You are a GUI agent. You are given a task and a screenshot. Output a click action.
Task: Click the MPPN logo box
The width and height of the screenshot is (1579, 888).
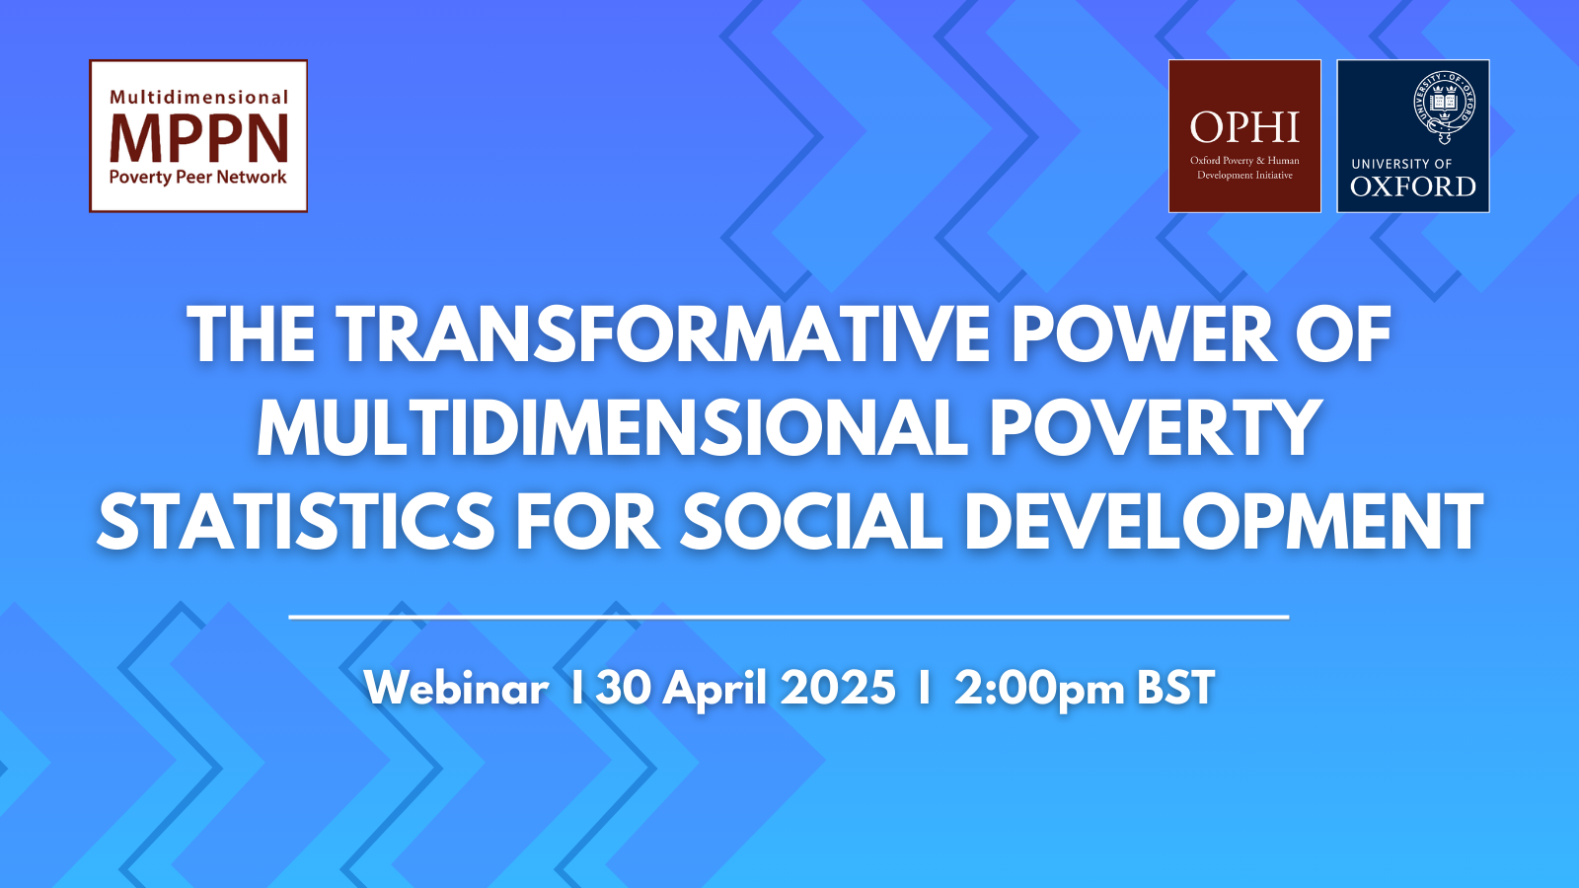198,136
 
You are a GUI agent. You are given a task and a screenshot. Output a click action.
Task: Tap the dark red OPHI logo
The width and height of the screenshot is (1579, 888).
1244,136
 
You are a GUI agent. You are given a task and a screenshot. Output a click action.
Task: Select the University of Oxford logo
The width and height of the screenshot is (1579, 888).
1413,136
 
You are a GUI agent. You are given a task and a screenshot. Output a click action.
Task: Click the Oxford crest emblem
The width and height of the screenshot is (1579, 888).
1445,105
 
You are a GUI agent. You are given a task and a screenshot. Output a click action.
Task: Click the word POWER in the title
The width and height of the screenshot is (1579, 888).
1144,334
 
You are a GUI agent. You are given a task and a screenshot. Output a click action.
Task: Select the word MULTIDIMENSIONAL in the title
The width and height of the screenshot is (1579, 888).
611,428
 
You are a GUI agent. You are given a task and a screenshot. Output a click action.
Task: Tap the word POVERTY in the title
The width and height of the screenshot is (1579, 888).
1154,428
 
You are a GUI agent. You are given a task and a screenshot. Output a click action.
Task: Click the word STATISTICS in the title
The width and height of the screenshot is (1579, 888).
295,522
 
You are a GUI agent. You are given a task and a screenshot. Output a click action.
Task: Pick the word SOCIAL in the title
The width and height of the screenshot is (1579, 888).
810,522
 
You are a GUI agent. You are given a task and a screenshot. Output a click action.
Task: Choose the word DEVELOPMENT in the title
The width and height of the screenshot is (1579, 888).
1224,522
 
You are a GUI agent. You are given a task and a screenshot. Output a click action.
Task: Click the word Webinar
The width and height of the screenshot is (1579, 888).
457,687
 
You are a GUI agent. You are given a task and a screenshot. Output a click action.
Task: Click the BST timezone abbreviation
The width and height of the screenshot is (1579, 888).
1176,687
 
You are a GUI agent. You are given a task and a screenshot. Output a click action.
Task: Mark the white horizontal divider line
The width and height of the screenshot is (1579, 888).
789,617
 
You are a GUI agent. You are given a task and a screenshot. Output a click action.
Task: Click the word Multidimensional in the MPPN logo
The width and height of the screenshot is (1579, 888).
198,97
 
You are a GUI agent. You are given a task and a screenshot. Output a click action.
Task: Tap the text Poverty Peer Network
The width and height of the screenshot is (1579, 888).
198,177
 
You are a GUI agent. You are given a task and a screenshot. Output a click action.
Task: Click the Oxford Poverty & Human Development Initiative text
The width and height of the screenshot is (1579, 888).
1244,168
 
